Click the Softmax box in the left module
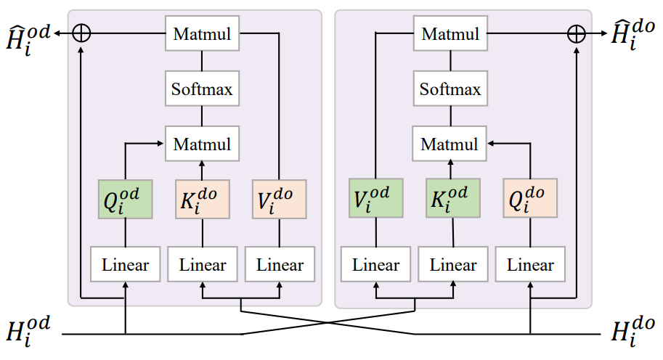tap(202, 90)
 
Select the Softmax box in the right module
tap(450, 90)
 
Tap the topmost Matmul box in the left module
tap(202, 34)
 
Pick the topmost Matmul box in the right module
tap(450, 34)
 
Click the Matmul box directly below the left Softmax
tap(202, 144)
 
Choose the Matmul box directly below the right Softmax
tap(450, 144)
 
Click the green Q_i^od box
tap(125, 198)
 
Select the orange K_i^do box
tap(202, 198)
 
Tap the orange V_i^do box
tap(280, 198)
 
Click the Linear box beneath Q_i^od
tap(125, 265)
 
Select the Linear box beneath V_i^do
tap(280, 265)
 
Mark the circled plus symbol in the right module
tap(576, 34)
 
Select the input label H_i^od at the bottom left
tap(29, 332)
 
